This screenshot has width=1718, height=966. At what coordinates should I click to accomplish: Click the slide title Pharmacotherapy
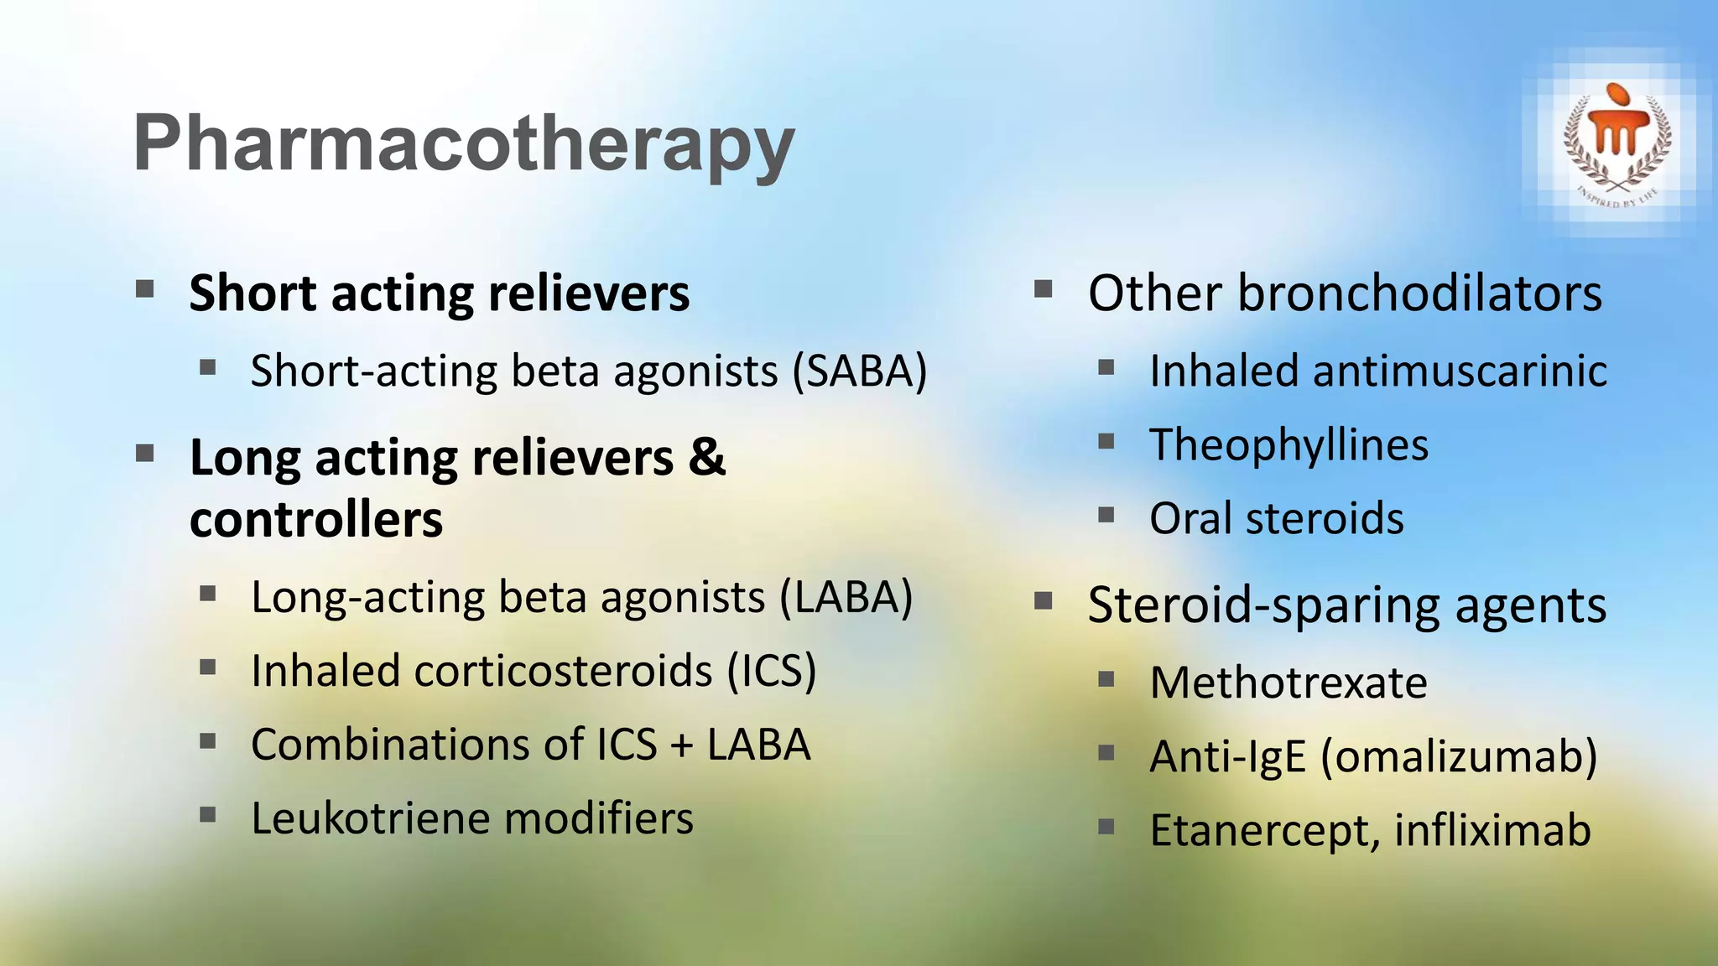[463, 144]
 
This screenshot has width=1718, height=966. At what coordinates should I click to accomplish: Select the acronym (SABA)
[861, 371]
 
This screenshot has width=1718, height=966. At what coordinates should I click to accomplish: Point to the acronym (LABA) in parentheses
[846, 598]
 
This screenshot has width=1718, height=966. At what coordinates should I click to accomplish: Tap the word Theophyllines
[1288, 445]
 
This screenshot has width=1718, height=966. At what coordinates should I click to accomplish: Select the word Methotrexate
[1288, 683]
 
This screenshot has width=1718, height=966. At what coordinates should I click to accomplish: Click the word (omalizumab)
[1459, 756]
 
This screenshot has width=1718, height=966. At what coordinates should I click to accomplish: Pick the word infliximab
[1492, 830]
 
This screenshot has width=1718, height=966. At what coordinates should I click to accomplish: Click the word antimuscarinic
[1460, 371]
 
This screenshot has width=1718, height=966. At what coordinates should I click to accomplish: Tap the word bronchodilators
[1419, 293]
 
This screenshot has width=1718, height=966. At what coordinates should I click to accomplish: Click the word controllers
[316, 520]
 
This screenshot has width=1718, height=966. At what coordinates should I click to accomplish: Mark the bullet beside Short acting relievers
[145, 290]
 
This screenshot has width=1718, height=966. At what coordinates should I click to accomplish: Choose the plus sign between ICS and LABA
[682, 745]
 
